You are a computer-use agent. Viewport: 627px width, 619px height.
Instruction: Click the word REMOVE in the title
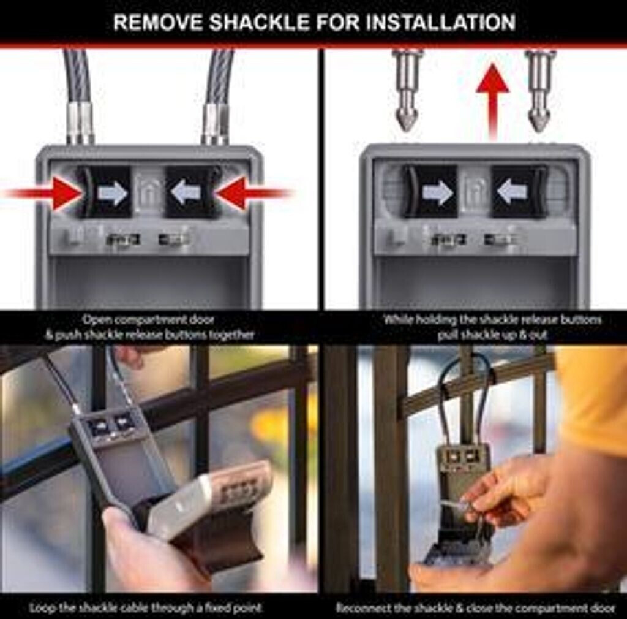click(x=158, y=23)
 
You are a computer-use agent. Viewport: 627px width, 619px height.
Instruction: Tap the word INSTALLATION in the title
click(x=440, y=23)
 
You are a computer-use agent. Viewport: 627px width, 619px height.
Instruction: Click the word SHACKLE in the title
click(x=260, y=23)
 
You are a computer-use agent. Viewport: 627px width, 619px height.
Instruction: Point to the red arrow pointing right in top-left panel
click(x=44, y=194)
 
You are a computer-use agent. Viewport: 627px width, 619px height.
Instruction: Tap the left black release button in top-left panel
click(x=104, y=192)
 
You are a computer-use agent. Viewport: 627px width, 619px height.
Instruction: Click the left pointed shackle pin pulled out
click(x=407, y=91)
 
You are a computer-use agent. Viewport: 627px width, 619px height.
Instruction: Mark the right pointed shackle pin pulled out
click(x=539, y=91)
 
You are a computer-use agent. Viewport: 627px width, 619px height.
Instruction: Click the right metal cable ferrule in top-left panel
click(x=215, y=123)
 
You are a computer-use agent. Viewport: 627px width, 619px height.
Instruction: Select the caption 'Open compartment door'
click(x=148, y=320)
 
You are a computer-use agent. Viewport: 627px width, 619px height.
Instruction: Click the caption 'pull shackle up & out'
click(x=492, y=335)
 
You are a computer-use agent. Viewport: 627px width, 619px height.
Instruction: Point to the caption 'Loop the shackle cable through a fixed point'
click(x=146, y=608)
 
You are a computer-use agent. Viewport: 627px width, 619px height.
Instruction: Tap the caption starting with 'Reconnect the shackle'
click(x=475, y=608)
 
